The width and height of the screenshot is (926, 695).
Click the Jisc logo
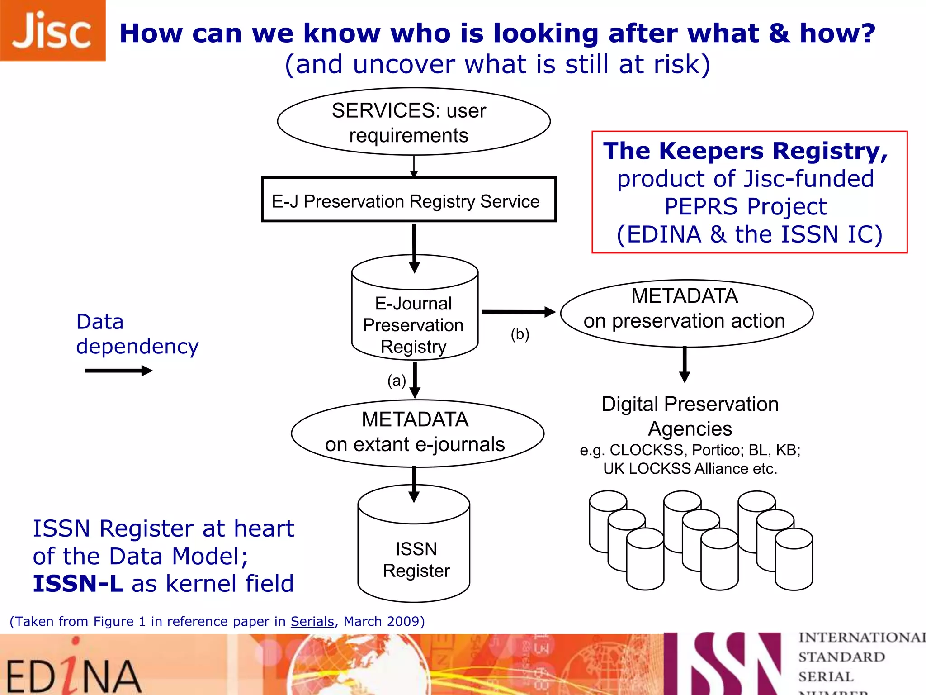click(x=52, y=30)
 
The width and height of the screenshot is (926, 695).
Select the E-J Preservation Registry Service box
click(x=408, y=200)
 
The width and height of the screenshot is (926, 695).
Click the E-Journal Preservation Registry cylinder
click(x=414, y=317)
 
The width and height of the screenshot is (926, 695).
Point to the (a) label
click(x=397, y=381)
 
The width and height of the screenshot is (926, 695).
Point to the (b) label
click(x=520, y=334)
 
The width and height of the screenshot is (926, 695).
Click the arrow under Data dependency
click(x=118, y=371)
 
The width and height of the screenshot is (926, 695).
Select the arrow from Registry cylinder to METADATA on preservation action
click(x=518, y=312)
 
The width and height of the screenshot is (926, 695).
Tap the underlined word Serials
click(x=312, y=621)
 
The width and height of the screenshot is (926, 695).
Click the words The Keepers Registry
click(x=745, y=151)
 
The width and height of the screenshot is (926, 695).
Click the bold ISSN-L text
click(x=78, y=583)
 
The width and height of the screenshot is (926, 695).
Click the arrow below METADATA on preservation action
click(x=685, y=365)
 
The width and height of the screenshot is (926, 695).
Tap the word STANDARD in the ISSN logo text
click(x=841, y=657)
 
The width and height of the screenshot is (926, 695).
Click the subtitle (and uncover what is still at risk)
click(x=497, y=64)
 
